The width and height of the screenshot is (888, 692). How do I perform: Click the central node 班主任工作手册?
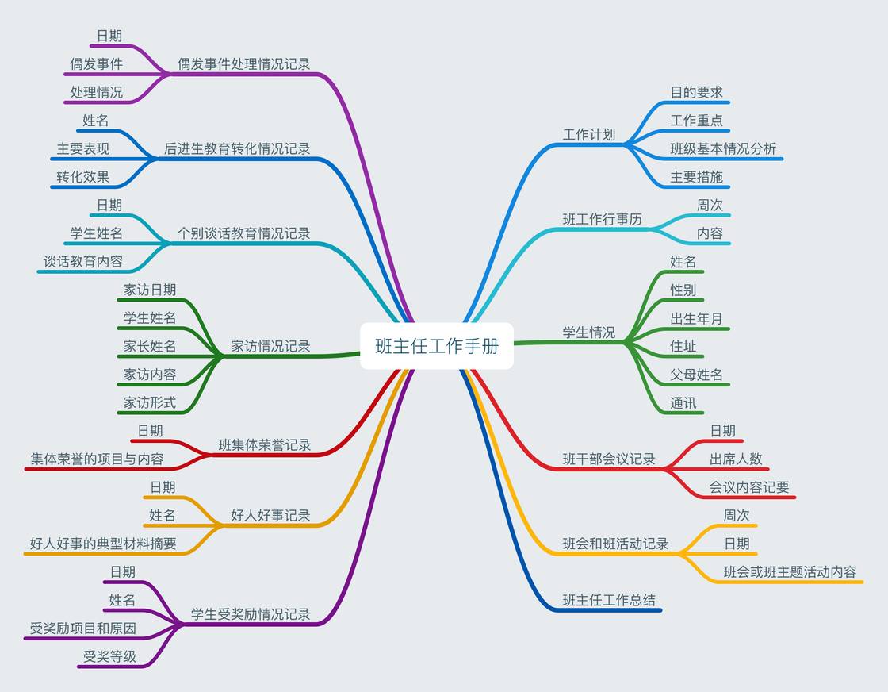(x=437, y=346)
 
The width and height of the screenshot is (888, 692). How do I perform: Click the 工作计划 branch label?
(x=588, y=134)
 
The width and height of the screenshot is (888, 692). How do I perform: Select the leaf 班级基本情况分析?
(x=722, y=148)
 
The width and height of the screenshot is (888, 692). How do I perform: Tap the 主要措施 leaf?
(x=696, y=177)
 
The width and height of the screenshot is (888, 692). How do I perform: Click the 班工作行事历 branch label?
(x=602, y=219)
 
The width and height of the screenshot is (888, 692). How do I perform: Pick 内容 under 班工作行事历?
(x=710, y=233)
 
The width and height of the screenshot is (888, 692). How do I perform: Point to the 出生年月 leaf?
(x=696, y=318)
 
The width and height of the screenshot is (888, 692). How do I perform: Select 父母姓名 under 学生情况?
(x=696, y=375)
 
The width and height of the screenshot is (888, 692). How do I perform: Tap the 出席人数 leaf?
(x=735, y=459)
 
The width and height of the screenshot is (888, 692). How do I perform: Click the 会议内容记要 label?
(x=748, y=487)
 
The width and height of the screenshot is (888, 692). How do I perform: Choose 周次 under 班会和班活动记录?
(x=736, y=515)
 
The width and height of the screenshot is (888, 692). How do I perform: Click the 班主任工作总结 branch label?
(x=609, y=600)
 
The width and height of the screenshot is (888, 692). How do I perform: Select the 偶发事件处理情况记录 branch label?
(x=243, y=64)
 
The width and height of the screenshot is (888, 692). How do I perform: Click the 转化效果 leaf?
(x=82, y=177)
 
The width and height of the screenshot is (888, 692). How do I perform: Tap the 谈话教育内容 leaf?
(x=82, y=262)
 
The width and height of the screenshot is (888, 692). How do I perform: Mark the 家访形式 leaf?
(x=149, y=402)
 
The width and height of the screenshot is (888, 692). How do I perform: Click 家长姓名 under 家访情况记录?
(x=149, y=346)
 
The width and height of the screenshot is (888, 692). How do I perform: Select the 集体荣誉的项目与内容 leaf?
(x=97, y=459)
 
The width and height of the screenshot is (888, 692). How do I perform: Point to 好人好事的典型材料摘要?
(x=103, y=544)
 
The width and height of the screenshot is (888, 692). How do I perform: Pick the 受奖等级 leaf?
(x=109, y=656)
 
